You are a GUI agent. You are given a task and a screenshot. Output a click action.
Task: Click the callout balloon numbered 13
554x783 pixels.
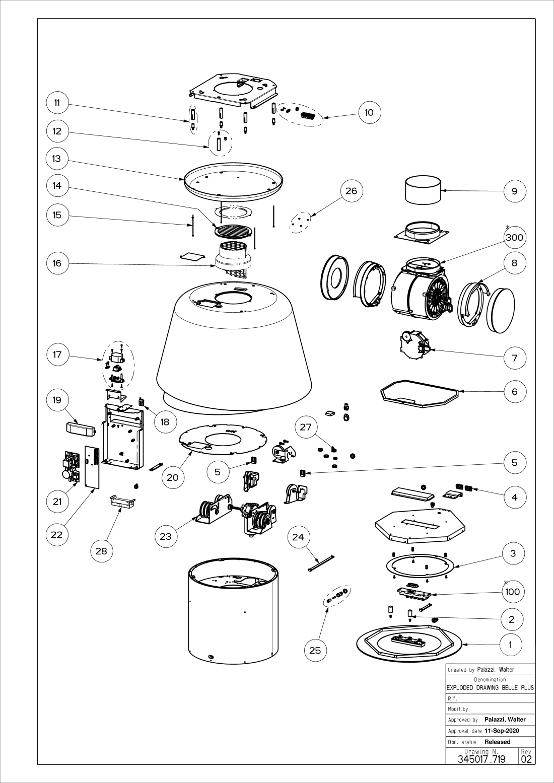point(57,159)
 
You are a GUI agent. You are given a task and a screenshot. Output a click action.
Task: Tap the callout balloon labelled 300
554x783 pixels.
point(515,237)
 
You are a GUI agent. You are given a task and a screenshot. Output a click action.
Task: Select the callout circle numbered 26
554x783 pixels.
point(351,191)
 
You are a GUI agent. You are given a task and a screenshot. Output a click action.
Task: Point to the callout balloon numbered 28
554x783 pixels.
point(101,551)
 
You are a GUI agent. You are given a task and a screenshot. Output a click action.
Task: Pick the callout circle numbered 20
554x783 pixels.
point(173,477)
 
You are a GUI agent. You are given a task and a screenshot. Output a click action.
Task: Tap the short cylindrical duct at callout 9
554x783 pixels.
point(423,189)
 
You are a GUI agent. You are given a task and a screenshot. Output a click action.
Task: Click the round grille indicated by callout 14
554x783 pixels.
point(233,231)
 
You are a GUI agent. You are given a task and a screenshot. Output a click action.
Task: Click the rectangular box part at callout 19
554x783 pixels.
point(81,429)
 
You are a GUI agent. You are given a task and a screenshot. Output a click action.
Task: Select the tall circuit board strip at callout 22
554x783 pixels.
point(93,467)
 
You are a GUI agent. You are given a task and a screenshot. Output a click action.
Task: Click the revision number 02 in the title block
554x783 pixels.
point(526,769)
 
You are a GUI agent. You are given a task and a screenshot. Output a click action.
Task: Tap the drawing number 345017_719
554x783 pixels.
point(481,769)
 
